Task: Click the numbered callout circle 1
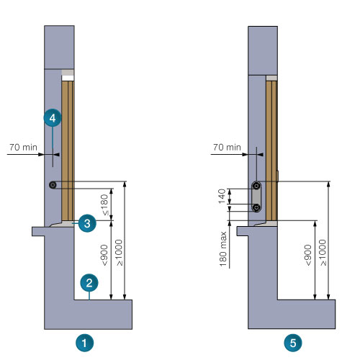point(84,343)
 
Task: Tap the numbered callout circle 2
point(89,283)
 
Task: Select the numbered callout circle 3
point(87,223)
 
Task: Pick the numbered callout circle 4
point(53,118)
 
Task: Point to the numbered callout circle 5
point(293,343)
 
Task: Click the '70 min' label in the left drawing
point(23,147)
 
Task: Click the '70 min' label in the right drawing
point(227,147)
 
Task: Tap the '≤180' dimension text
point(104,204)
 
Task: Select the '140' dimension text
point(222,196)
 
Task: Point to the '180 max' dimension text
point(223,249)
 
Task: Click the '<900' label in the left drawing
point(104,255)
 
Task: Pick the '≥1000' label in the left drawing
point(119,253)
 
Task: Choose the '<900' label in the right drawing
point(308,255)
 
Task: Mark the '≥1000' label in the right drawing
point(323,253)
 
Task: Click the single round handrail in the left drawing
point(53,185)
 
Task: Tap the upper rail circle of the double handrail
point(256,186)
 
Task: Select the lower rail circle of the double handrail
point(256,207)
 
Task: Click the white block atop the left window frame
point(68,78)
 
